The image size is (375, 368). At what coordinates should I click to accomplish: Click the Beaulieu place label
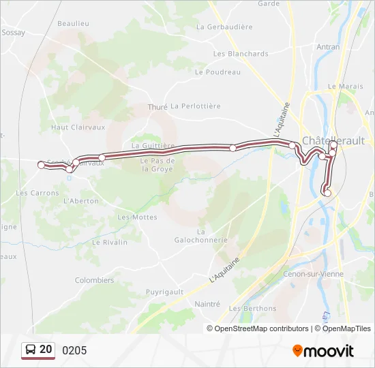click(x=74, y=23)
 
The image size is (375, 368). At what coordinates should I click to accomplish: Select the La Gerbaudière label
click(x=224, y=27)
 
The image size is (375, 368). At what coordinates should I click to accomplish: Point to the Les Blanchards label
click(x=241, y=54)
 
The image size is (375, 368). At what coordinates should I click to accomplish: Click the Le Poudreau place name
click(x=218, y=72)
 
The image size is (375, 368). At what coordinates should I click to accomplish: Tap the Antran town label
click(x=329, y=47)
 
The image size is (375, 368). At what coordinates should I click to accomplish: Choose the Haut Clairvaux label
click(x=78, y=127)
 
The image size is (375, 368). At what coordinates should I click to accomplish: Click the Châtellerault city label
click(x=333, y=140)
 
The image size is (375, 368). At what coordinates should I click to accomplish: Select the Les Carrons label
click(x=37, y=193)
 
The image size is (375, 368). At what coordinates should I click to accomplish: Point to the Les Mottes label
click(x=137, y=217)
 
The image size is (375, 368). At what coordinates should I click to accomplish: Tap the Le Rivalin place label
click(x=110, y=242)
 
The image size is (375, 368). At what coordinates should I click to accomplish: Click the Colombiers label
click(x=94, y=280)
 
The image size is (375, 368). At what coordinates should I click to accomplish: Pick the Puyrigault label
click(x=165, y=292)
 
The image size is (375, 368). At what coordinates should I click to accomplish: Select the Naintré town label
click(x=207, y=304)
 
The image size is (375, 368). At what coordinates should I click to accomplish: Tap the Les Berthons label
click(x=253, y=308)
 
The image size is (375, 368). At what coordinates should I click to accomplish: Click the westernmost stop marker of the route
click(x=41, y=165)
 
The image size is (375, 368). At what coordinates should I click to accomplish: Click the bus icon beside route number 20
click(x=31, y=350)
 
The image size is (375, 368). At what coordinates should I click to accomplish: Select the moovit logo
click(x=323, y=351)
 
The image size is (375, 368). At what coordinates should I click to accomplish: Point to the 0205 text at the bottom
click(x=74, y=350)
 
